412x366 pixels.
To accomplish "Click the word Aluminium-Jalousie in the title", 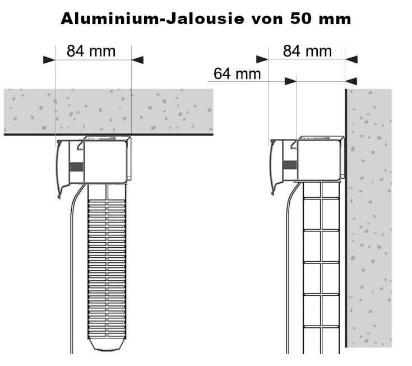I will (x=147, y=19).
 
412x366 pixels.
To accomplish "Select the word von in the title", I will (x=262, y=19).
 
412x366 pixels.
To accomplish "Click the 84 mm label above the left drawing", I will (x=91, y=51).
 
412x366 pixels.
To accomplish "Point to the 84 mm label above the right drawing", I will (x=307, y=51).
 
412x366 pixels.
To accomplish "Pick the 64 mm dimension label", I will (x=238, y=73).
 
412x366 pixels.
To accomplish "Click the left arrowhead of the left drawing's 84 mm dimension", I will (x=49, y=59).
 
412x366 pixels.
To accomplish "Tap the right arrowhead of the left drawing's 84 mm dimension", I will (x=137, y=59).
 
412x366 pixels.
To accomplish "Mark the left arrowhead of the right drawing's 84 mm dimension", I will (x=262, y=59).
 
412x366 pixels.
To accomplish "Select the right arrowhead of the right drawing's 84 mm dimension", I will (x=351, y=59).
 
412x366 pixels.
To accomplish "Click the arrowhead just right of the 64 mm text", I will (x=290, y=81).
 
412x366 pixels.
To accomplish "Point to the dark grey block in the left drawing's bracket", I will (x=76, y=166).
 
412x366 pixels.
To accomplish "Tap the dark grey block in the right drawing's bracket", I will (x=289, y=165).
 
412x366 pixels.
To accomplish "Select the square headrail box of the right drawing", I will (x=319, y=160).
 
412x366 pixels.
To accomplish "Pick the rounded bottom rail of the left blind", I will (x=109, y=343).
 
